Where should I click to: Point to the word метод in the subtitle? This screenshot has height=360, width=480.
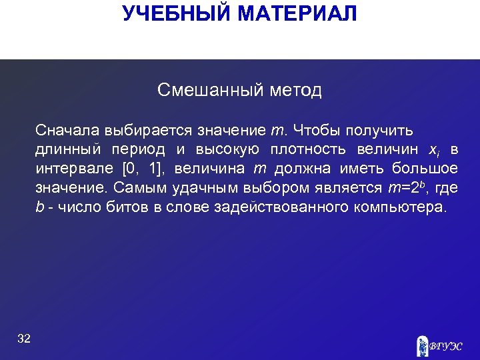(x=296, y=90)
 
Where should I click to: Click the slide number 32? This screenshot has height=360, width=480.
(x=24, y=339)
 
